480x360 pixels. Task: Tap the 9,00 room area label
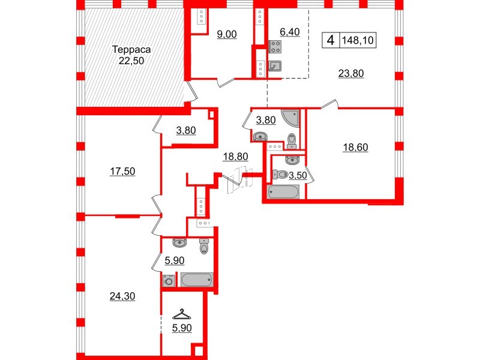[227, 34]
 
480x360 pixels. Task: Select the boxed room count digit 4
[329, 41]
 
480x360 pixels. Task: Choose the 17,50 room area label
[124, 171]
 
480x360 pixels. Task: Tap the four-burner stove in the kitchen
[275, 47]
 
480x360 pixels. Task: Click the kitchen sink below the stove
[275, 66]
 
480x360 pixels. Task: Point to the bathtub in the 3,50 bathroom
[282, 193]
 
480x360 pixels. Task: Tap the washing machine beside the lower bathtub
[169, 280]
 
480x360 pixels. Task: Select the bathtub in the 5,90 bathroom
[196, 280]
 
